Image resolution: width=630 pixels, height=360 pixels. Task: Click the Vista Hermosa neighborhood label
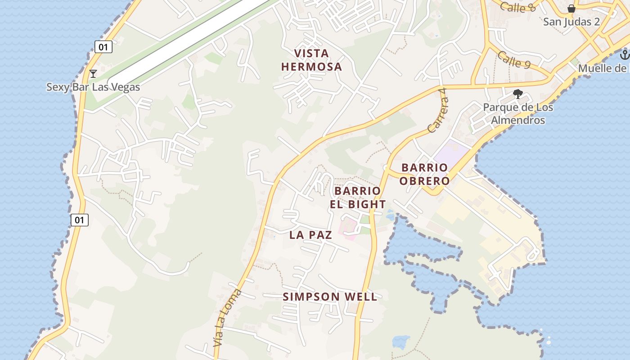[x=311, y=60]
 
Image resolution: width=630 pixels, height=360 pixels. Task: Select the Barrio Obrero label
[x=425, y=174]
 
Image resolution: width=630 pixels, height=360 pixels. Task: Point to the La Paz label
[x=310, y=234]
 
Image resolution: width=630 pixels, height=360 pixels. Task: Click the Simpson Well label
[x=330, y=297]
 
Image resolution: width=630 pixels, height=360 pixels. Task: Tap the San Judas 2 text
[x=571, y=22]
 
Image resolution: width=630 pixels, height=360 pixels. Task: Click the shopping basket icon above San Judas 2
[x=571, y=9]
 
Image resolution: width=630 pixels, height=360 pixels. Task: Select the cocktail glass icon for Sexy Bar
[x=93, y=73]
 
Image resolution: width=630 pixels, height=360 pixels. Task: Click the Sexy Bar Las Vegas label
[x=93, y=87]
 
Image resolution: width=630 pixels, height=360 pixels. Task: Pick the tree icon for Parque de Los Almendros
[x=517, y=94]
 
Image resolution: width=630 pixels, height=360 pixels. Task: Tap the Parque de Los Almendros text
[x=517, y=114]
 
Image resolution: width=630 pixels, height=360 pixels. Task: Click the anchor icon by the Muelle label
[x=624, y=55]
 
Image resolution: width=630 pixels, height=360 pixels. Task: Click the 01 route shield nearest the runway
[x=103, y=46]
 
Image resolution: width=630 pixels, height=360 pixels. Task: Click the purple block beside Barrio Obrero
[x=451, y=153]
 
